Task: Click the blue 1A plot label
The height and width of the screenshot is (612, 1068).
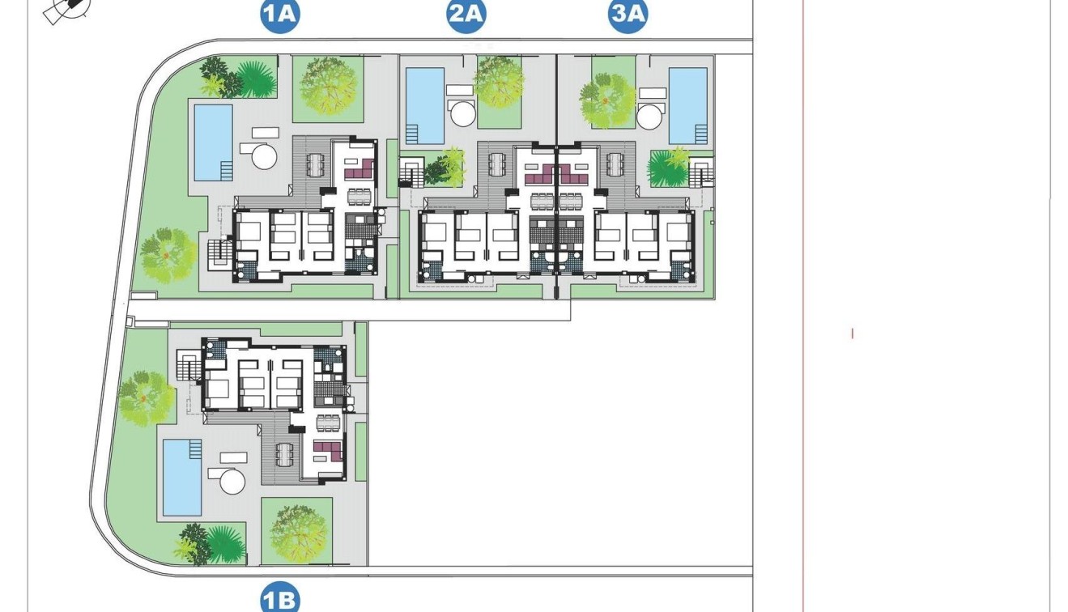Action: click(x=280, y=15)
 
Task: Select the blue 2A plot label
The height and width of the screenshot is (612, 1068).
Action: click(x=466, y=15)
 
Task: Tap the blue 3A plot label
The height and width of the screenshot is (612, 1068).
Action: click(x=628, y=15)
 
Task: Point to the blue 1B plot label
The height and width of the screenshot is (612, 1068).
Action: click(x=280, y=600)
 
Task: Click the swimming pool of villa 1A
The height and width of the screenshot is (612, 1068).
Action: click(x=213, y=142)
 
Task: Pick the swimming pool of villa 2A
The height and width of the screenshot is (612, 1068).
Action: click(x=424, y=105)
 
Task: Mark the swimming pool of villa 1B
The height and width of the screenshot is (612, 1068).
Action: click(x=182, y=477)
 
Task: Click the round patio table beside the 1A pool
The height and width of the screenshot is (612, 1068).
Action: click(x=265, y=155)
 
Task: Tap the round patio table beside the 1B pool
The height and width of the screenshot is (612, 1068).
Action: click(x=232, y=482)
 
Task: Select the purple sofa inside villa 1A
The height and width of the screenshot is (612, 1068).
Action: click(x=358, y=169)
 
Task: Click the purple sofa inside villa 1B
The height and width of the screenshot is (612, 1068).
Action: click(x=327, y=448)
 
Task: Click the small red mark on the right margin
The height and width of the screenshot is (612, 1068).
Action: click(x=852, y=333)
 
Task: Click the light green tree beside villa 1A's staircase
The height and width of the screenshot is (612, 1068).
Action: click(x=168, y=254)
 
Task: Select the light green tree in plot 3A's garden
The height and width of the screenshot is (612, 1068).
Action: click(x=607, y=100)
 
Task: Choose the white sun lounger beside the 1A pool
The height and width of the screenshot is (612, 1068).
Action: click(x=265, y=132)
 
